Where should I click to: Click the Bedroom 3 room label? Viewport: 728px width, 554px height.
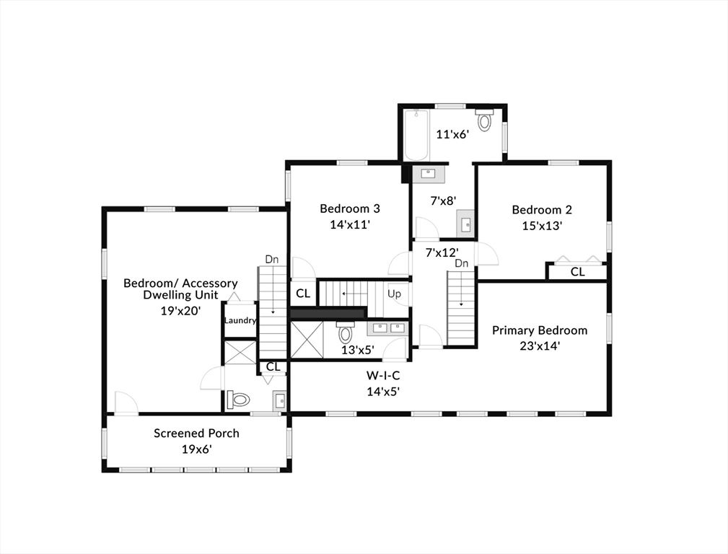(350, 209)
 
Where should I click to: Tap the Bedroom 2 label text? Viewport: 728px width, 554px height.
(542, 210)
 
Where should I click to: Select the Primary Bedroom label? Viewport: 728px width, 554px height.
(540, 330)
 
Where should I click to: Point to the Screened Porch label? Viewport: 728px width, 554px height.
(196, 434)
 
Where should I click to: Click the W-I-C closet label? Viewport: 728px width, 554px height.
(382, 376)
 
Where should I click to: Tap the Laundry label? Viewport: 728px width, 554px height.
(240, 320)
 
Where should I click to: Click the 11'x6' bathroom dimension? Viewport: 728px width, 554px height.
(452, 133)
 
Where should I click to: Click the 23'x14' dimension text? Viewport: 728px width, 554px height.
(540, 346)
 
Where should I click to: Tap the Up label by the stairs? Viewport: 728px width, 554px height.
(395, 294)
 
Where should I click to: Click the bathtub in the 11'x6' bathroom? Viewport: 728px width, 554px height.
(416, 135)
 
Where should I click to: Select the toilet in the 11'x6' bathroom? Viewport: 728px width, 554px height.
(484, 119)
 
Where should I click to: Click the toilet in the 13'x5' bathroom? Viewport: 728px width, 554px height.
(346, 333)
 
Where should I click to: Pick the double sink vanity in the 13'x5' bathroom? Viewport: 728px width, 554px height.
(387, 329)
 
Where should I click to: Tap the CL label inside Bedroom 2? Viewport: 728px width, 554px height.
(577, 272)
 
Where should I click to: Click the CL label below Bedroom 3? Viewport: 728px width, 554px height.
(302, 294)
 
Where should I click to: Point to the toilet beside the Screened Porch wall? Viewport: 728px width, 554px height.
(238, 400)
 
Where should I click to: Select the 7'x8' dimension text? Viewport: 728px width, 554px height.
(443, 201)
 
